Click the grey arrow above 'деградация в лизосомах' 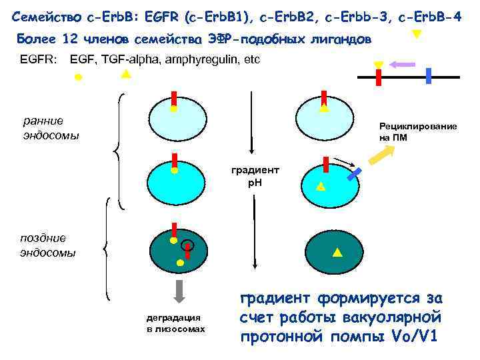click(x=180, y=291)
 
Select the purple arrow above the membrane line click(x=402, y=65)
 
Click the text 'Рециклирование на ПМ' click(x=418, y=132)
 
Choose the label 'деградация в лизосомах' click(x=176, y=324)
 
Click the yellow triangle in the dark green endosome click(x=336, y=251)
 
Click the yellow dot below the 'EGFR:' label click(x=78, y=77)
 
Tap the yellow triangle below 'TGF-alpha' click(x=125, y=74)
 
